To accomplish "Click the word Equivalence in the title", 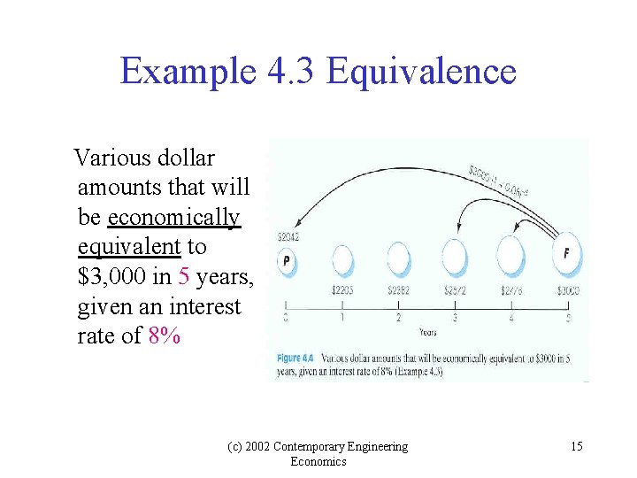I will [x=421, y=71].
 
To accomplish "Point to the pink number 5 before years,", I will [x=184, y=277].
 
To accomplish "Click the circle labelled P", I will [x=286, y=259].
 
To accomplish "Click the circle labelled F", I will [x=566, y=254].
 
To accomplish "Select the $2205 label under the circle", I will [x=342, y=289].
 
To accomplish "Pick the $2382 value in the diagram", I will [x=399, y=289].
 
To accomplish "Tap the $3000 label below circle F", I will [x=568, y=289].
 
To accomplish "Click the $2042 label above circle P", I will [x=287, y=236].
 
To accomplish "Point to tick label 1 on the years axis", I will [x=342, y=317].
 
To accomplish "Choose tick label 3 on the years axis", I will [x=455, y=317].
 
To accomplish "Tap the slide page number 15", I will [x=576, y=446].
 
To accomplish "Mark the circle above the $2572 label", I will [x=455, y=258].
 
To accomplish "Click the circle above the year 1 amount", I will [x=342, y=259].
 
